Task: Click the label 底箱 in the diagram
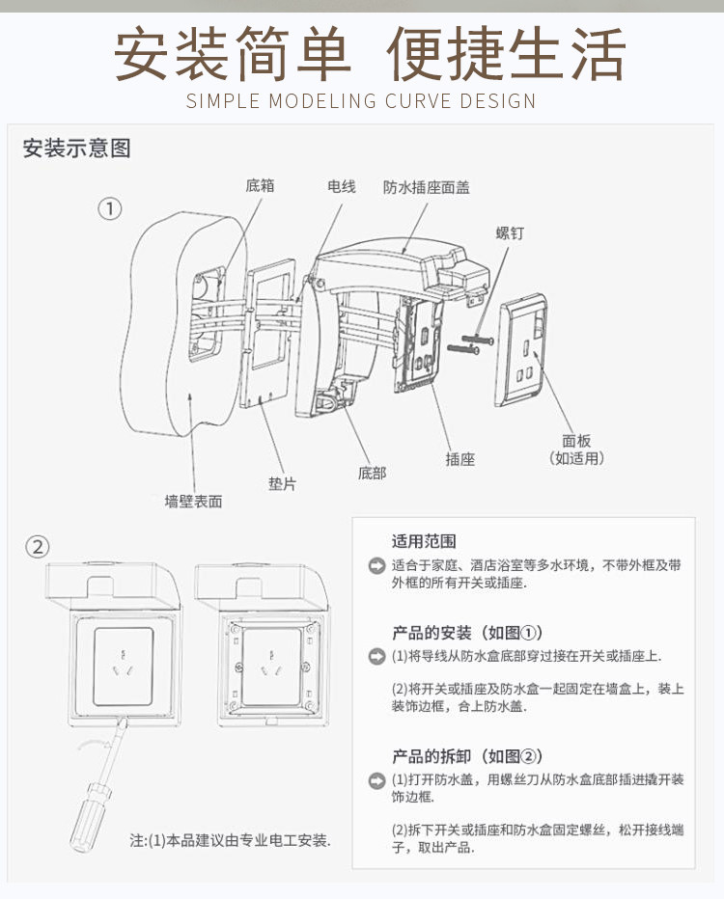pyautogui.click(x=260, y=185)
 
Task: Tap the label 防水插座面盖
pyautogui.click(x=426, y=187)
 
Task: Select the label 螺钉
pyautogui.click(x=510, y=233)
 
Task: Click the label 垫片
pyautogui.click(x=282, y=483)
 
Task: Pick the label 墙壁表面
pyautogui.click(x=193, y=502)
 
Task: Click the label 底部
pyautogui.click(x=372, y=473)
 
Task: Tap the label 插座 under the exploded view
pyautogui.click(x=460, y=459)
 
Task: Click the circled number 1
pyautogui.click(x=111, y=207)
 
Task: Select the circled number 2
pyautogui.click(x=37, y=547)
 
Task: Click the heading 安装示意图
pyautogui.click(x=76, y=149)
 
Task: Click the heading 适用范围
pyautogui.click(x=424, y=540)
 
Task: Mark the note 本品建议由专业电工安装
pyautogui.click(x=231, y=840)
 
